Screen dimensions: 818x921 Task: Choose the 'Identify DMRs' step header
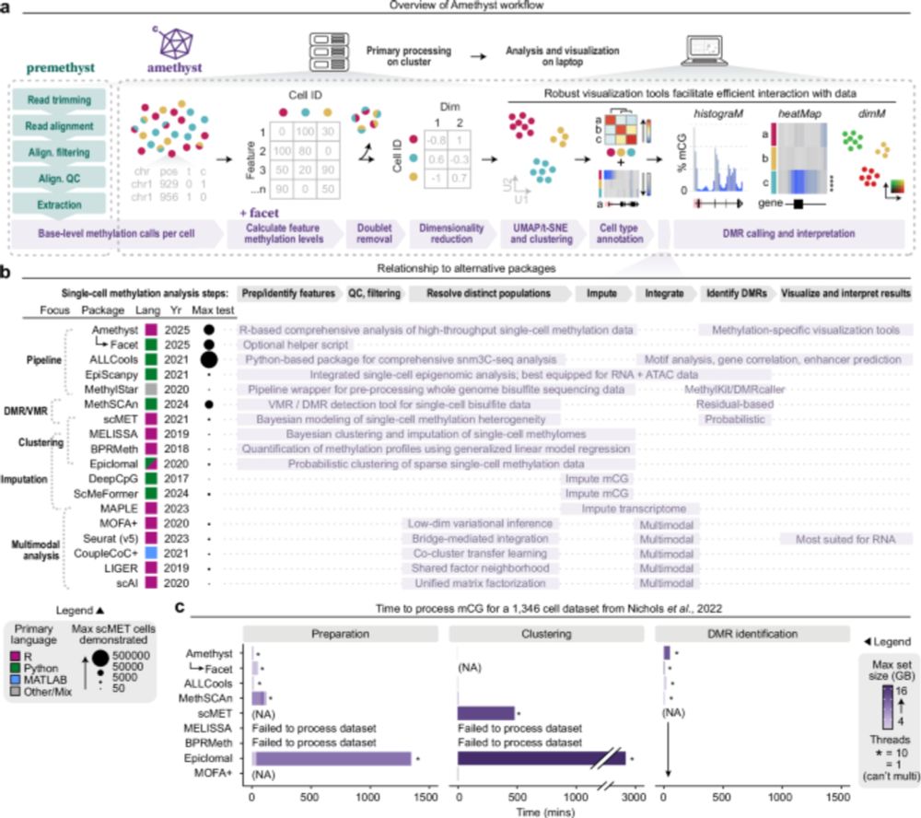point(731,292)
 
